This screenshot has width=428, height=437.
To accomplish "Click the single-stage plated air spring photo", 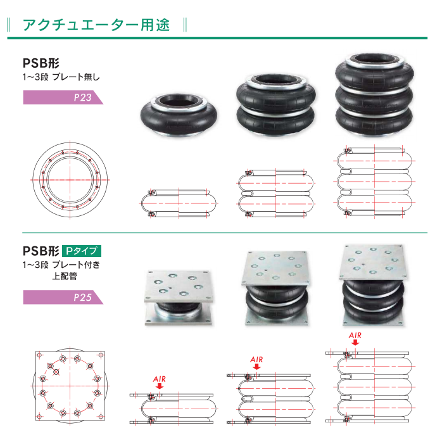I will pyautogui.click(x=179, y=296).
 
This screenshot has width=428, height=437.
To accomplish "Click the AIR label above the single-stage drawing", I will pyautogui.click(x=160, y=379).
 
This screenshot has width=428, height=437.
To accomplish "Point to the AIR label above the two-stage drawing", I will pyautogui.click(x=256, y=360).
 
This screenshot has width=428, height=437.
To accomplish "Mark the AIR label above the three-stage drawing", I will pyautogui.click(x=355, y=335).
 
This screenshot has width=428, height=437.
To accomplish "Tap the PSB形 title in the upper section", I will pyautogui.click(x=41, y=63).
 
